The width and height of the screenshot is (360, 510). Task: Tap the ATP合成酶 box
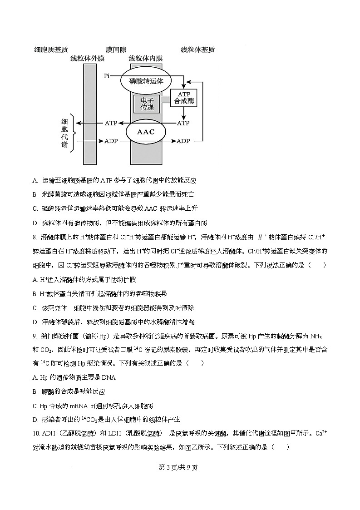point(184,98)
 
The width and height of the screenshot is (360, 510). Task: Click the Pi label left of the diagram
point(107,76)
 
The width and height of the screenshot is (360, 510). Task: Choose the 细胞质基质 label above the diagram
point(51,50)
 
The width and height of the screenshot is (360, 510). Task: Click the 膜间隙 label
point(116,50)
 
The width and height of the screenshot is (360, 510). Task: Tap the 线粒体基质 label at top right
point(197,50)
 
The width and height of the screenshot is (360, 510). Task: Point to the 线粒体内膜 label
point(146,59)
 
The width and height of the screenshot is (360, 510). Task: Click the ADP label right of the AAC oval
point(183,141)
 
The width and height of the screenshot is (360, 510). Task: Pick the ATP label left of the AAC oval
point(111,123)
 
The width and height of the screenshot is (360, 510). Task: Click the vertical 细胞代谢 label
point(64,133)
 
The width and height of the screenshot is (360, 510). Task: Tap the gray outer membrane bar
point(89,114)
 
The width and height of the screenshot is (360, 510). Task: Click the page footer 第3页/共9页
point(180,468)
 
